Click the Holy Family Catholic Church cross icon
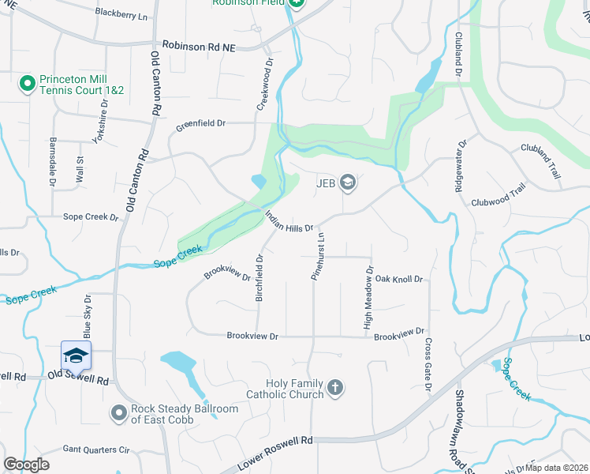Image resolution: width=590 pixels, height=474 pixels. pos(335,387)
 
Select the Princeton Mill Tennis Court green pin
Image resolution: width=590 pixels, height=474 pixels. pos(27,82)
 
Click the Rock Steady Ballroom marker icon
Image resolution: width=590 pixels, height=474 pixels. pos(119,412)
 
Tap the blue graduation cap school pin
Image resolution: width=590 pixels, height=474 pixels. pos(76,355)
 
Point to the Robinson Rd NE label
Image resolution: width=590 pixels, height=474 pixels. pos(199,47)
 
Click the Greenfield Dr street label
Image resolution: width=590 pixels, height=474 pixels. pos(200,123)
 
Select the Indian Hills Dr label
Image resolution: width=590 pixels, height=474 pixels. pos(289,220)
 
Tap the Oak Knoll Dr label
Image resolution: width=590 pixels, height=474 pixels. pos(400,280)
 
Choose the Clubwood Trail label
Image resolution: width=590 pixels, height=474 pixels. pos(498,196)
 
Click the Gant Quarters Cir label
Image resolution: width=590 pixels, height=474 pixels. pos(95,450)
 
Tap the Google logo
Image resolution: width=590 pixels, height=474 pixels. pos(26,465)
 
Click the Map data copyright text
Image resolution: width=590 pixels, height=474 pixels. pos(557,467)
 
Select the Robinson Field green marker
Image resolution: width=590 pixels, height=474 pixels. pos(295,3)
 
